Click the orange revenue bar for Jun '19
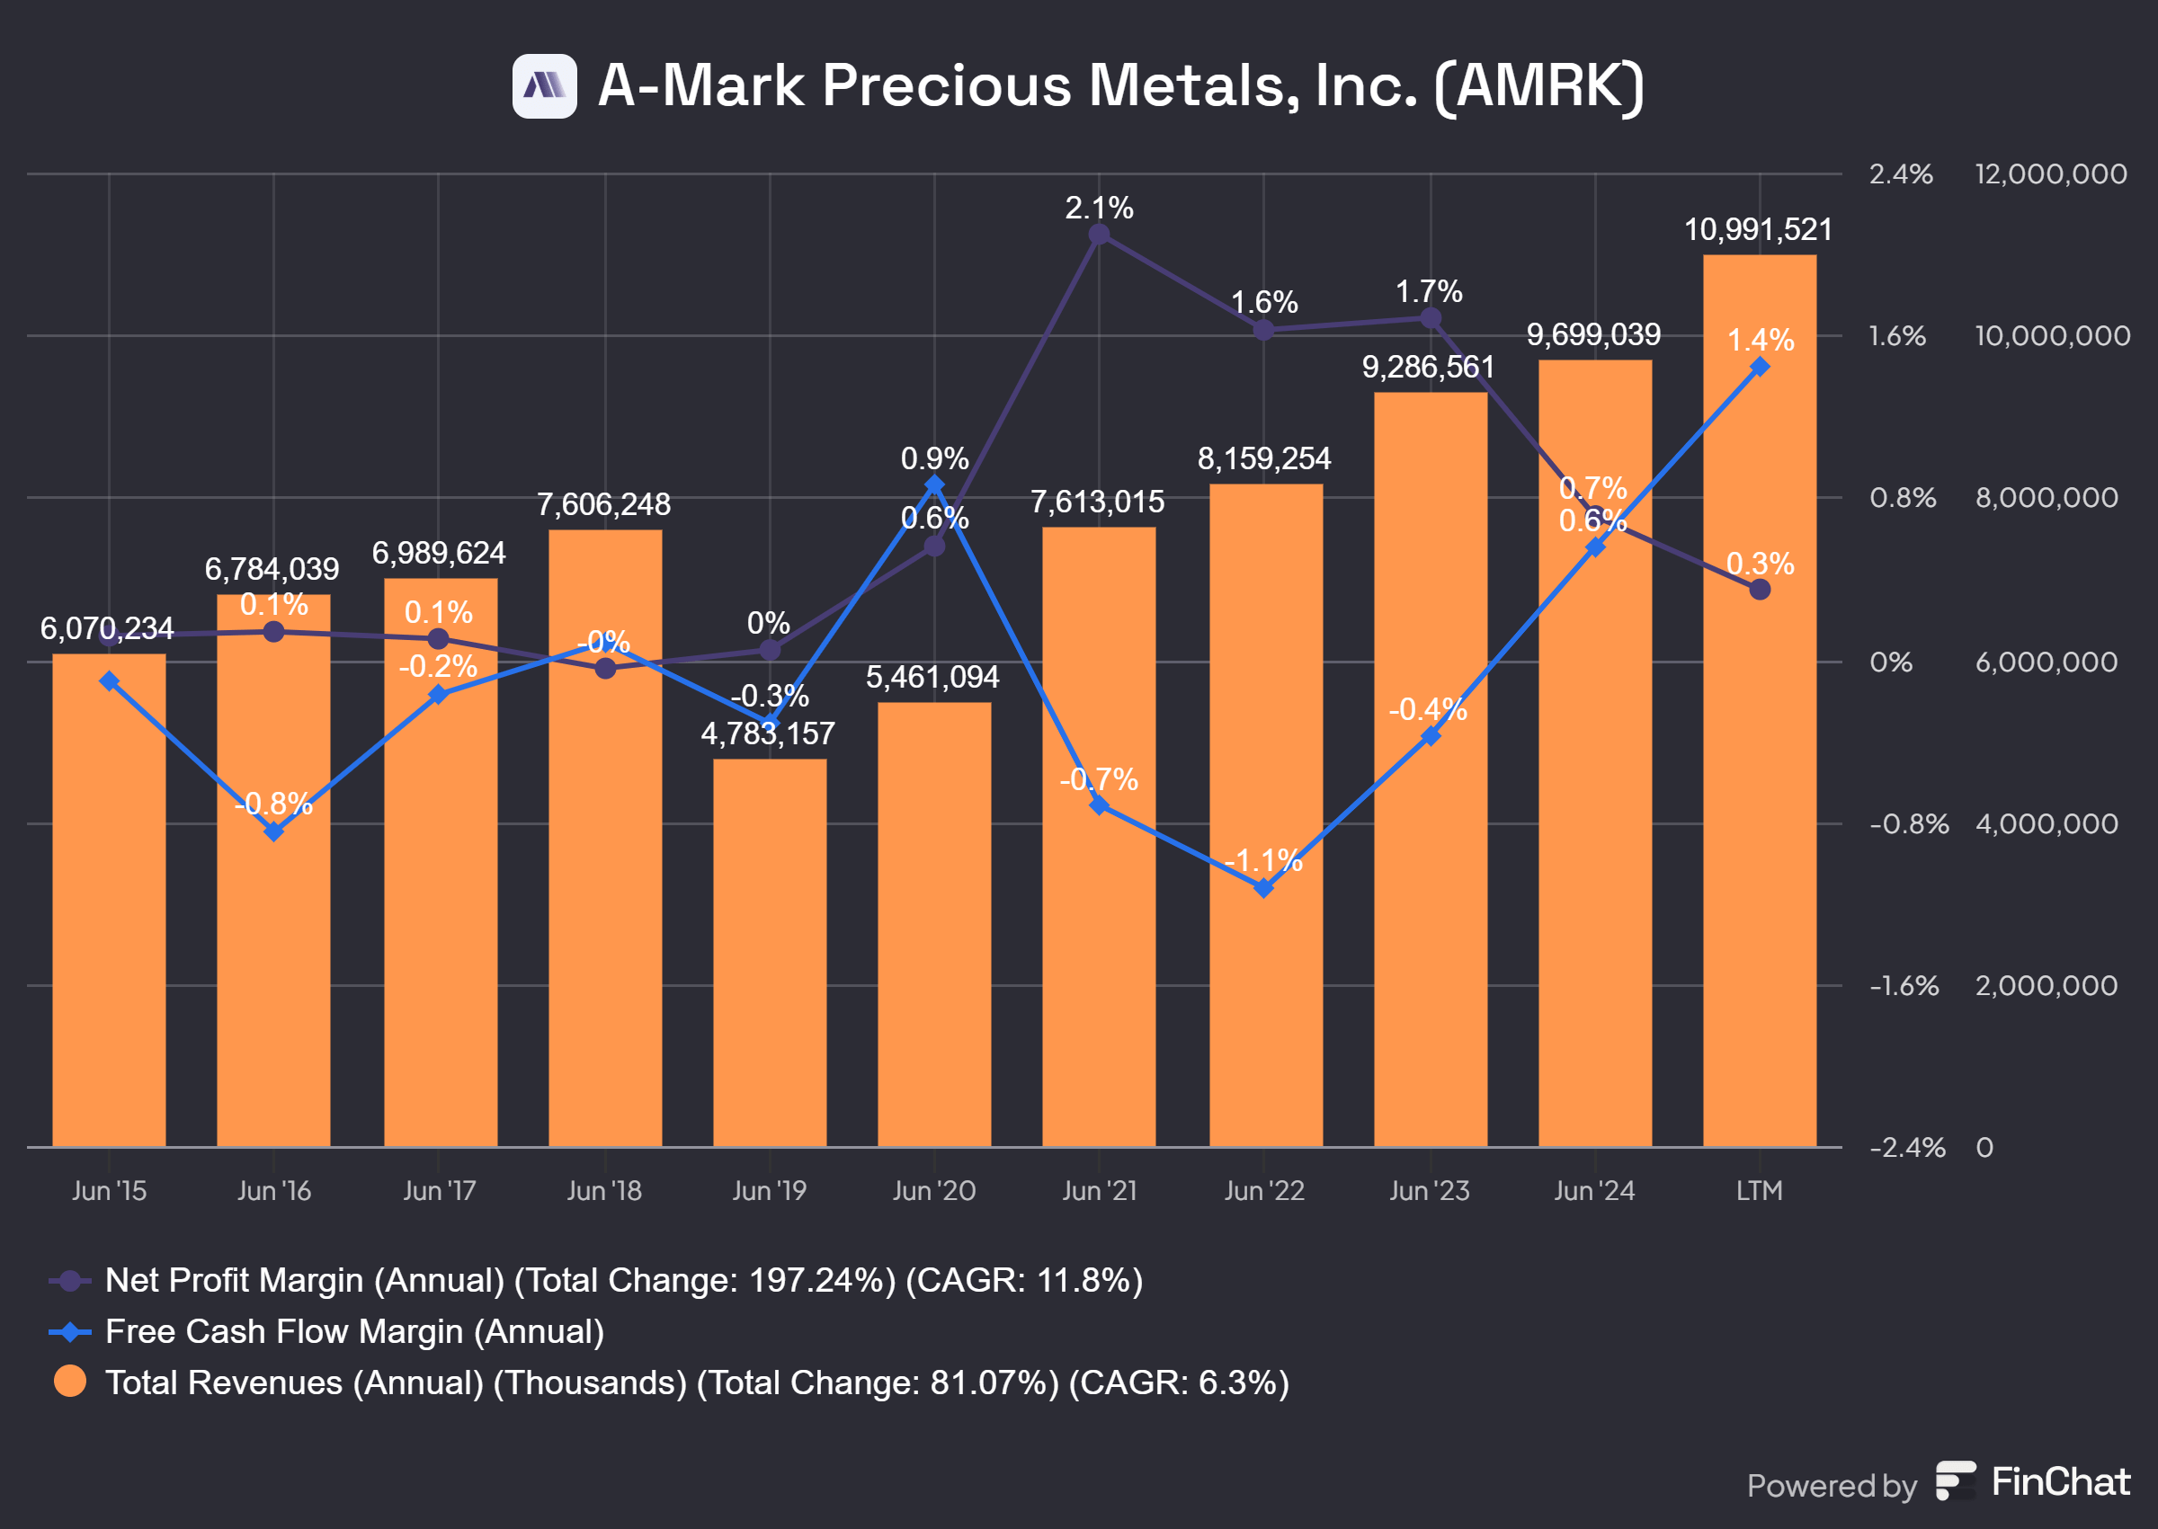(769, 951)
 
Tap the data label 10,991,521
(1758, 230)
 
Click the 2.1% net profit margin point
(1099, 236)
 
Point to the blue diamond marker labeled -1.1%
(1263, 888)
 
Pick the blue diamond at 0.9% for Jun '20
(934, 484)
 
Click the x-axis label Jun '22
(1263, 1191)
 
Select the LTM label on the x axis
(1759, 1191)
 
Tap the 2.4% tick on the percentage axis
(1900, 174)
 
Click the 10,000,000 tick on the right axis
(2052, 336)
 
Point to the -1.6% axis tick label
(1903, 986)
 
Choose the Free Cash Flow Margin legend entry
(354, 1331)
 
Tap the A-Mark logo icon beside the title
(544, 86)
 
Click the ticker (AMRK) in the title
(1539, 86)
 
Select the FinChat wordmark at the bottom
(2060, 1482)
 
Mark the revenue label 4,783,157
(767, 733)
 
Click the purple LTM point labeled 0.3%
(1759, 590)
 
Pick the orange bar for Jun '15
(109, 899)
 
